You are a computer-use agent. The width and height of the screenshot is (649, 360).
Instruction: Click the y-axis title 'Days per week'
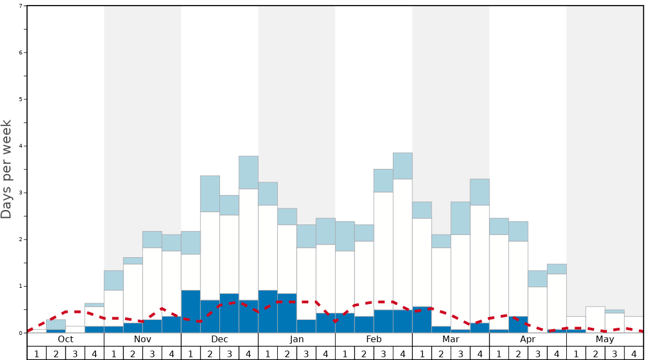click(x=7, y=169)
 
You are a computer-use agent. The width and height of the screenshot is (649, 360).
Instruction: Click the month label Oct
click(x=66, y=339)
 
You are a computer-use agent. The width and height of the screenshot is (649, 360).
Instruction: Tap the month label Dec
click(x=219, y=339)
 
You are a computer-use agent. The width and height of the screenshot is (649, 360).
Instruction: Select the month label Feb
click(x=374, y=339)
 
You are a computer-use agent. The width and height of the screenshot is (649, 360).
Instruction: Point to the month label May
click(x=605, y=339)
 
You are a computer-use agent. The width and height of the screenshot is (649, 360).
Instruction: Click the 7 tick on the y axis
click(x=21, y=6)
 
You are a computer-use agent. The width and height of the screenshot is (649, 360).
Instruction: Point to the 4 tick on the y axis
click(x=21, y=146)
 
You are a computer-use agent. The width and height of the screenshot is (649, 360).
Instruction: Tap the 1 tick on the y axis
click(x=21, y=286)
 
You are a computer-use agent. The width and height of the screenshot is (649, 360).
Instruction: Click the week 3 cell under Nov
click(x=152, y=353)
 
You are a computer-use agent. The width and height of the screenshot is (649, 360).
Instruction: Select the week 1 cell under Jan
click(x=268, y=353)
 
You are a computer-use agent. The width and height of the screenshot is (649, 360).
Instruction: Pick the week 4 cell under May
click(x=634, y=353)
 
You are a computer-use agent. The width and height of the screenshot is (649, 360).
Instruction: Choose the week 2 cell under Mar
click(x=441, y=353)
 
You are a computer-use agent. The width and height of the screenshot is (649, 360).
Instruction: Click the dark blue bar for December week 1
click(x=191, y=311)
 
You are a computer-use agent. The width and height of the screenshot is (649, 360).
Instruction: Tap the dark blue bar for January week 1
click(x=268, y=311)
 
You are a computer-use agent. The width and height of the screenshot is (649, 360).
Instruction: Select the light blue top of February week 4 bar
click(x=403, y=166)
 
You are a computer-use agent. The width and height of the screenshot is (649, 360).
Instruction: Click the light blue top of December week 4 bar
click(x=248, y=172)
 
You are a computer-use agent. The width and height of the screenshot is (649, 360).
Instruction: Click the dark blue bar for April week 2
click(x=518, y=324)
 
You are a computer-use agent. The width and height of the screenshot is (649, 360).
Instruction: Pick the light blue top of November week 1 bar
click(x=113, y=280)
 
